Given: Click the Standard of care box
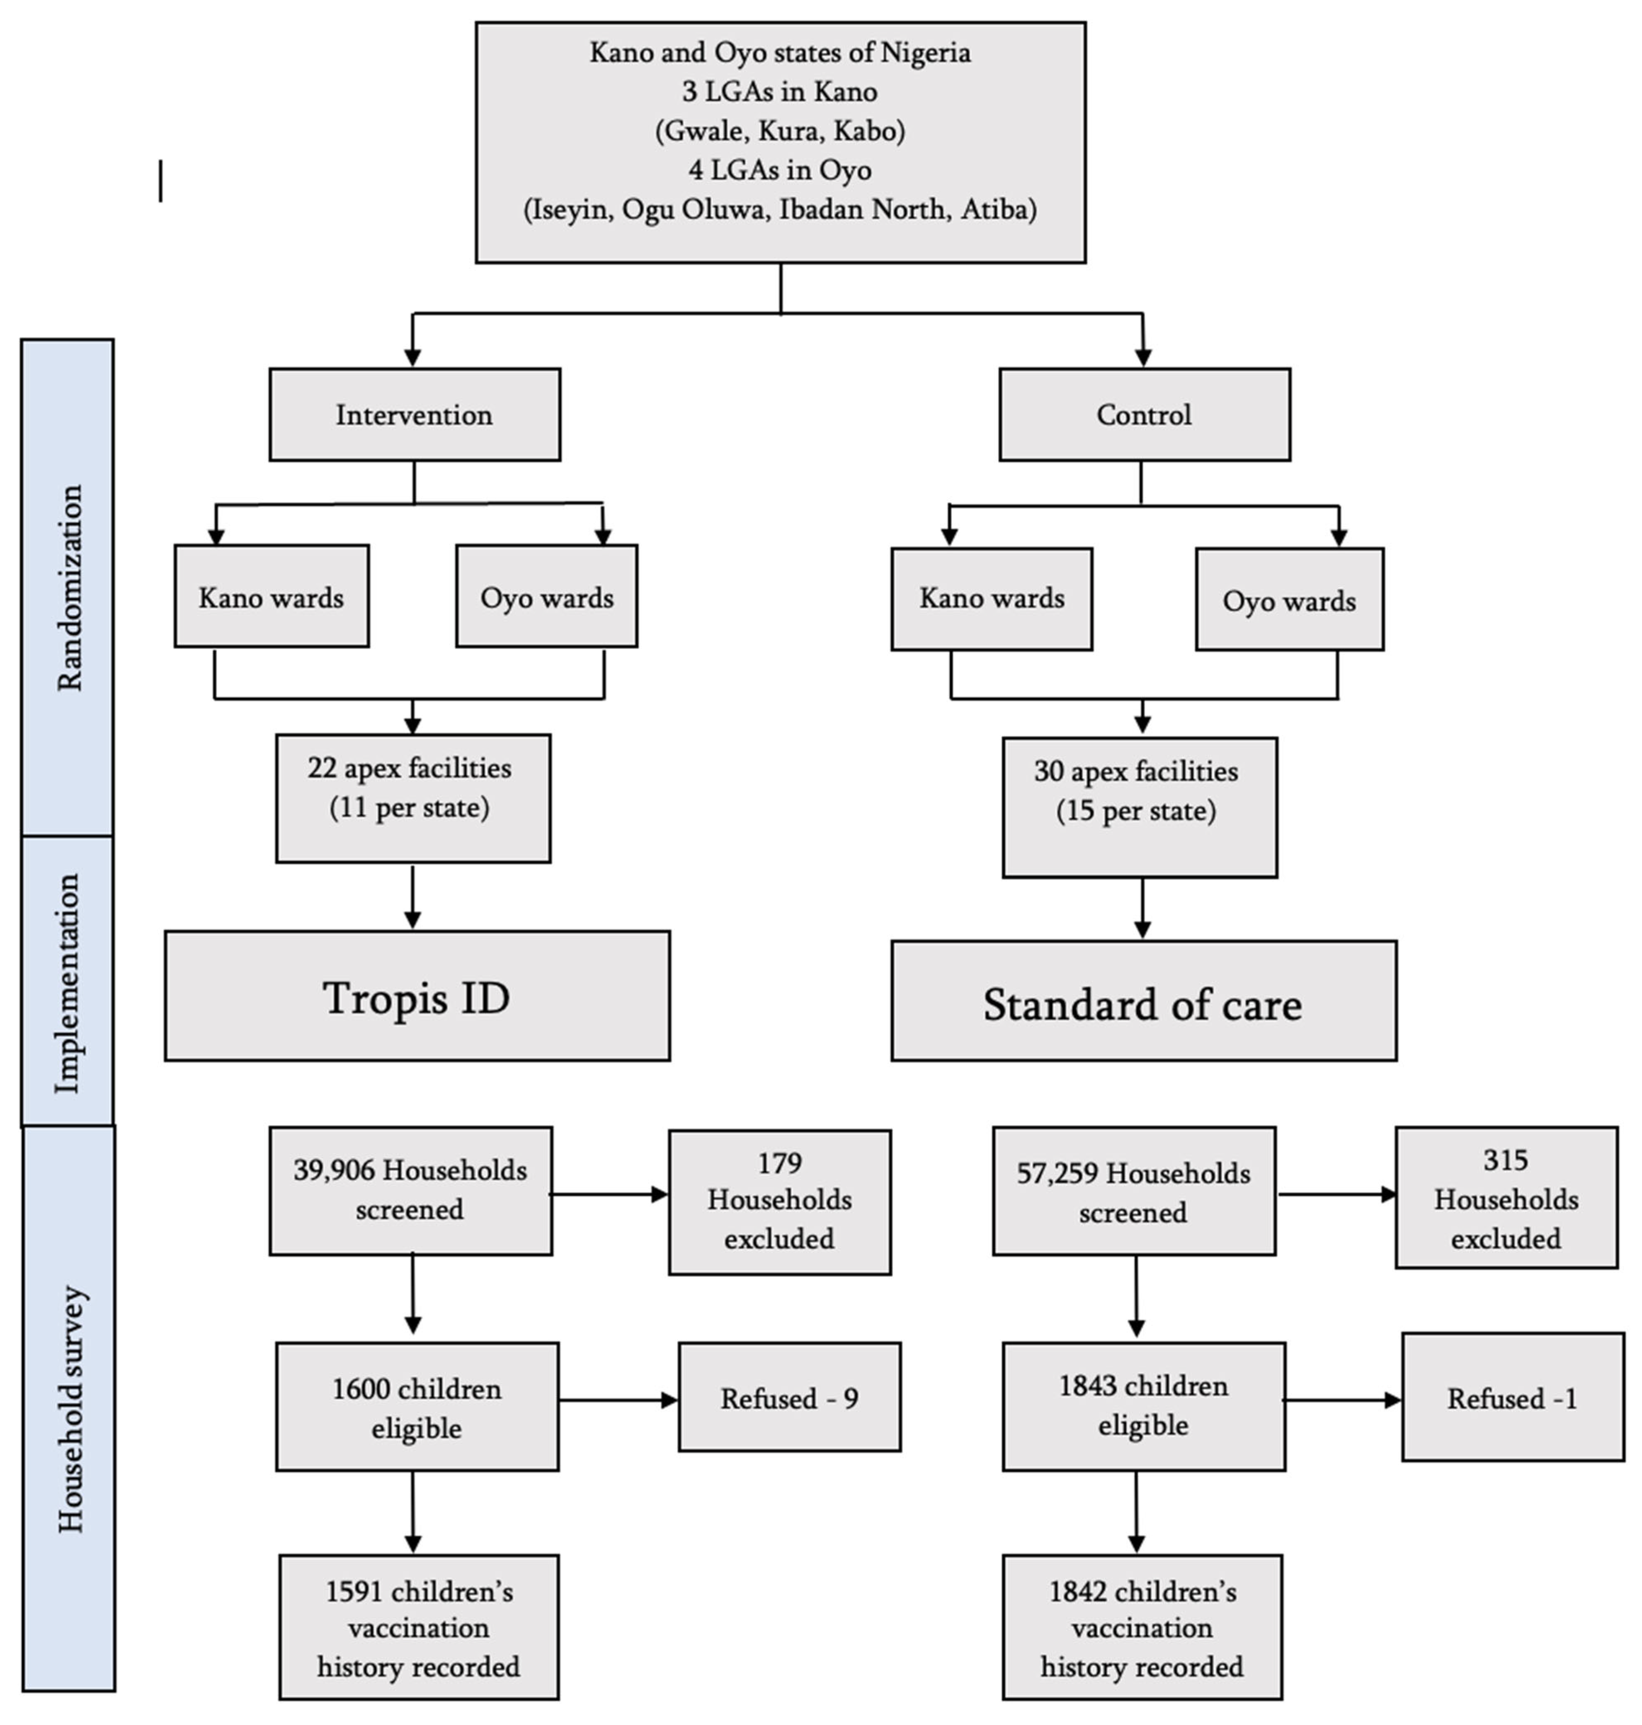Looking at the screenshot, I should coord(1143,1001).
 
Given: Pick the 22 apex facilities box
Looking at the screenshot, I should coord(412,798).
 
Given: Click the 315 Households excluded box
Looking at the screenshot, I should coord(1506,1197).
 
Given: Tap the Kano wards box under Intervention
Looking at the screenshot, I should coord(272,597).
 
